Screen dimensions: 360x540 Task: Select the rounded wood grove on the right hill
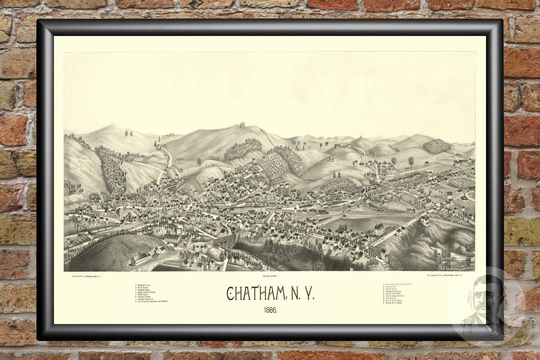point(436,146)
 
